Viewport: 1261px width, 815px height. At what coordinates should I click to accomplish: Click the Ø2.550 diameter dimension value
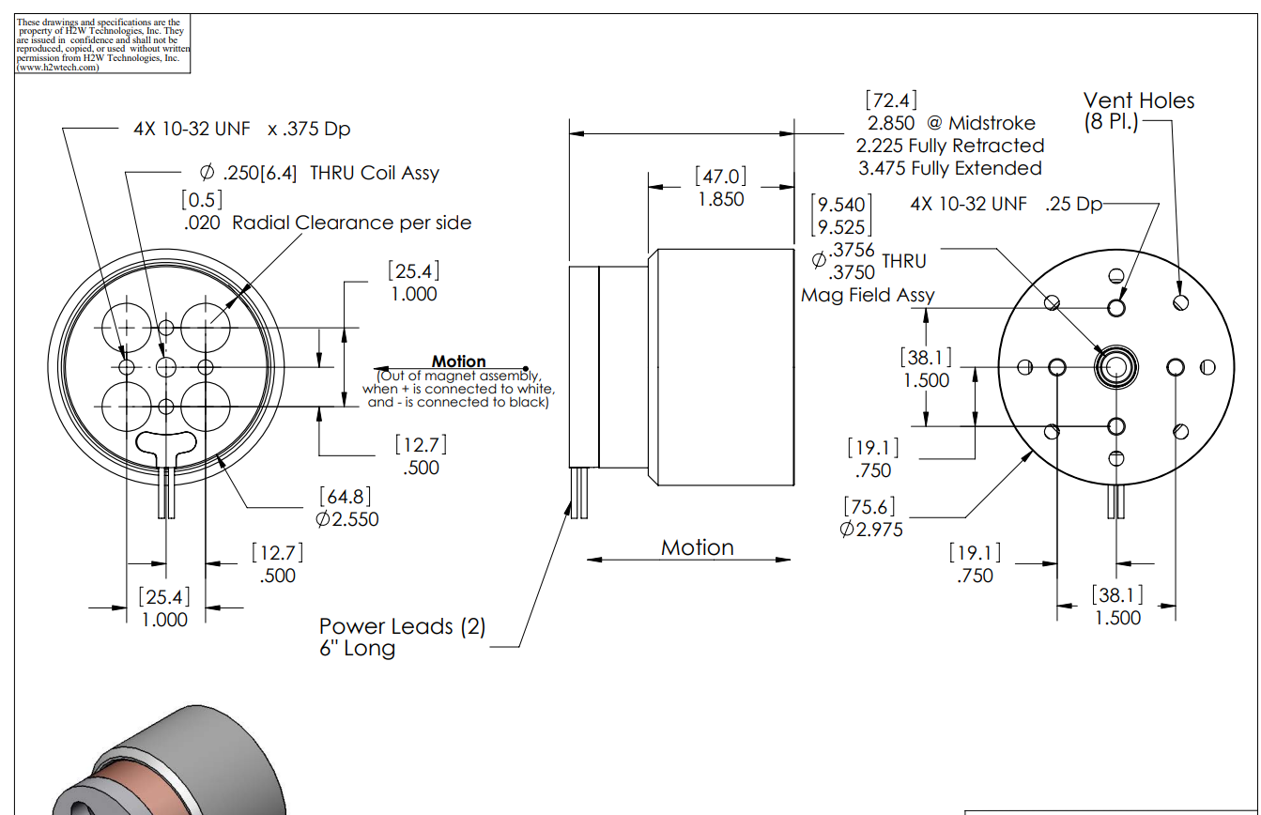(x=346, y=519)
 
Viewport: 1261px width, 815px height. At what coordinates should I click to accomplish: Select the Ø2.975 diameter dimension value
(x=871, y=529)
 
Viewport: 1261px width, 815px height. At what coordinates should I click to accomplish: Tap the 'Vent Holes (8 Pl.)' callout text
(x=1138, y=111)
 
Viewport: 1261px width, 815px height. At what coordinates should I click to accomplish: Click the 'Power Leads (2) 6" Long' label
(x=402, y=638)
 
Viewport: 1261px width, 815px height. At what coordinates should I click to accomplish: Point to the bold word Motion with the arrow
(x=458, y=361)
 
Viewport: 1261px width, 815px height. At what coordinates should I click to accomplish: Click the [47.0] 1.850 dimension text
(x=720, y=188)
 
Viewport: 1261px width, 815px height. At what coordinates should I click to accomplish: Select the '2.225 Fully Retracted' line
(x=949, y=146)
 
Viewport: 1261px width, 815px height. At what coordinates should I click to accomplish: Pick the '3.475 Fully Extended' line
(x=949, y=168)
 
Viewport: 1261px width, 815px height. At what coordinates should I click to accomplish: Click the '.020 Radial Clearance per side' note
(x=328, y=223)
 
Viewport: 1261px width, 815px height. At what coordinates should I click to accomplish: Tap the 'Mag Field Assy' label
(x=868, y=295)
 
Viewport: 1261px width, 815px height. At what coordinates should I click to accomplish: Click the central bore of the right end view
(x=1115, y=367)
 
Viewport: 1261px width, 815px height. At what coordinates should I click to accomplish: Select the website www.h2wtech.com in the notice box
(x=57, y=68)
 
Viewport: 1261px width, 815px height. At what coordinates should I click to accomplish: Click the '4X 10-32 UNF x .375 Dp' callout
(x=241, y=129)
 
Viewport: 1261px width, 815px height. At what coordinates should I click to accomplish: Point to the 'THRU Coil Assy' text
(x=375, y=173)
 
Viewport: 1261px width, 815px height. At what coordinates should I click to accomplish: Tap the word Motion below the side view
(x=697, y=547)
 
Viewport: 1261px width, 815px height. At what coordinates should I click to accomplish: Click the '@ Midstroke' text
(x=980, y=123)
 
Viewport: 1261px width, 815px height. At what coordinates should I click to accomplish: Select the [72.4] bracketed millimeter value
(x=891, y=100)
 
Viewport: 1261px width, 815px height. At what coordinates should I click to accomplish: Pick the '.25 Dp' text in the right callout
(x=1073, y=205)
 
